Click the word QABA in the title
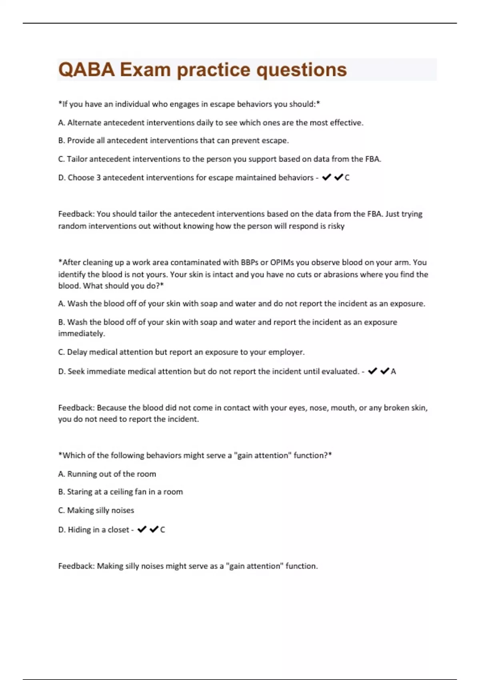click(86, 70)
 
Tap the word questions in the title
click(301, 70)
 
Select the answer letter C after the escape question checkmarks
click(347, 178)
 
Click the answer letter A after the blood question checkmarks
click(393, 372)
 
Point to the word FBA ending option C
click(372, 159)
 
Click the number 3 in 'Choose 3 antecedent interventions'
click(98, 178)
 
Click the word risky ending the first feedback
click(336, 226)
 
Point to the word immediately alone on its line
click(81, 334)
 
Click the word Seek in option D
click(76, 372)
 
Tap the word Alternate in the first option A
click(84, 123)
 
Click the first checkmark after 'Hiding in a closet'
click(142, 530)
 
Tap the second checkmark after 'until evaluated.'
click(385, 371)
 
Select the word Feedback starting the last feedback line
click(76, 566)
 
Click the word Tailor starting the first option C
click(77, 159)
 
